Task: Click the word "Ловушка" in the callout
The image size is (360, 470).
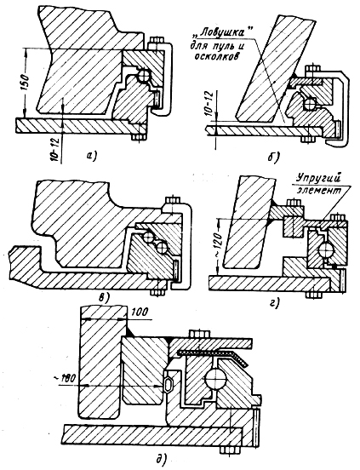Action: coord(226,33)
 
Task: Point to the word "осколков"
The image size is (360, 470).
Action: coord(216,56)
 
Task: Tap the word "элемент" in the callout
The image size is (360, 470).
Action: coord(319,191)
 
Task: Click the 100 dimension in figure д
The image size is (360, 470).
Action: coord(139,312)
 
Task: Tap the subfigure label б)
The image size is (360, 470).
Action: coord(272,156)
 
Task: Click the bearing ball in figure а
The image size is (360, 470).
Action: coord(144,75)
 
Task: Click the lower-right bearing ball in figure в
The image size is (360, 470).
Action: coord(162,247)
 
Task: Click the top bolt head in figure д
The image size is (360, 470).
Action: coord(199,334)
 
